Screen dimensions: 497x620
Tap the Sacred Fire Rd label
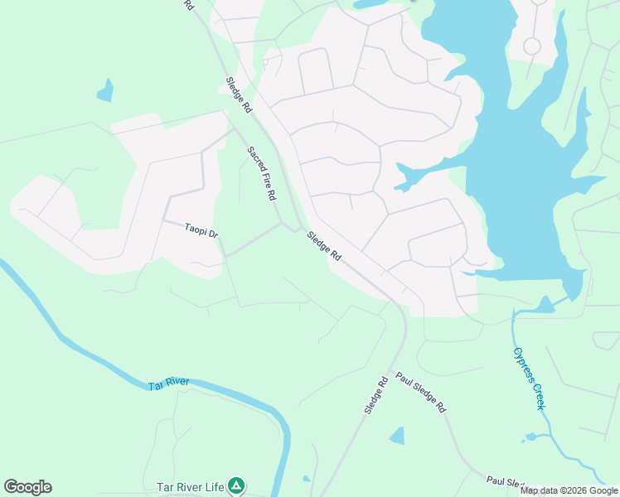(x=261, y=173)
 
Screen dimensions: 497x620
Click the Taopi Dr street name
(x=201, y=231)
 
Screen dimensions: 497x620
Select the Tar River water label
(x=168, y=384)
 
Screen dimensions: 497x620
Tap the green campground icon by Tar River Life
(x=237, y=485)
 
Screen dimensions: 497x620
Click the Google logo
(x=27, y=487)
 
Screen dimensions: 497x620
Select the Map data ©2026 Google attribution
(x=569, y=490)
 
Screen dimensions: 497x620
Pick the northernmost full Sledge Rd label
(x=239, y=94)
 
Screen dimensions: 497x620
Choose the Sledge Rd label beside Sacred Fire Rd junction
(x=324, y=246)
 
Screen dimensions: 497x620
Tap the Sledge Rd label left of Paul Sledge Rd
(x=375, y=396)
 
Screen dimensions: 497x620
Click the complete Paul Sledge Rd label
(x=420, y=393)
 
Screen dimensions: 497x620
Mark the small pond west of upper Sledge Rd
(x=105, y=90)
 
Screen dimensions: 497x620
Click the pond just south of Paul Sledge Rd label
(x=397, y=435)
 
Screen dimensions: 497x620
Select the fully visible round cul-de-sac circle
(x=532, y=46)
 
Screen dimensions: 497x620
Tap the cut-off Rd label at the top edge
(x=189, y=5)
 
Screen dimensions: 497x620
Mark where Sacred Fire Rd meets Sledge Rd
(x=291, y=225)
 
